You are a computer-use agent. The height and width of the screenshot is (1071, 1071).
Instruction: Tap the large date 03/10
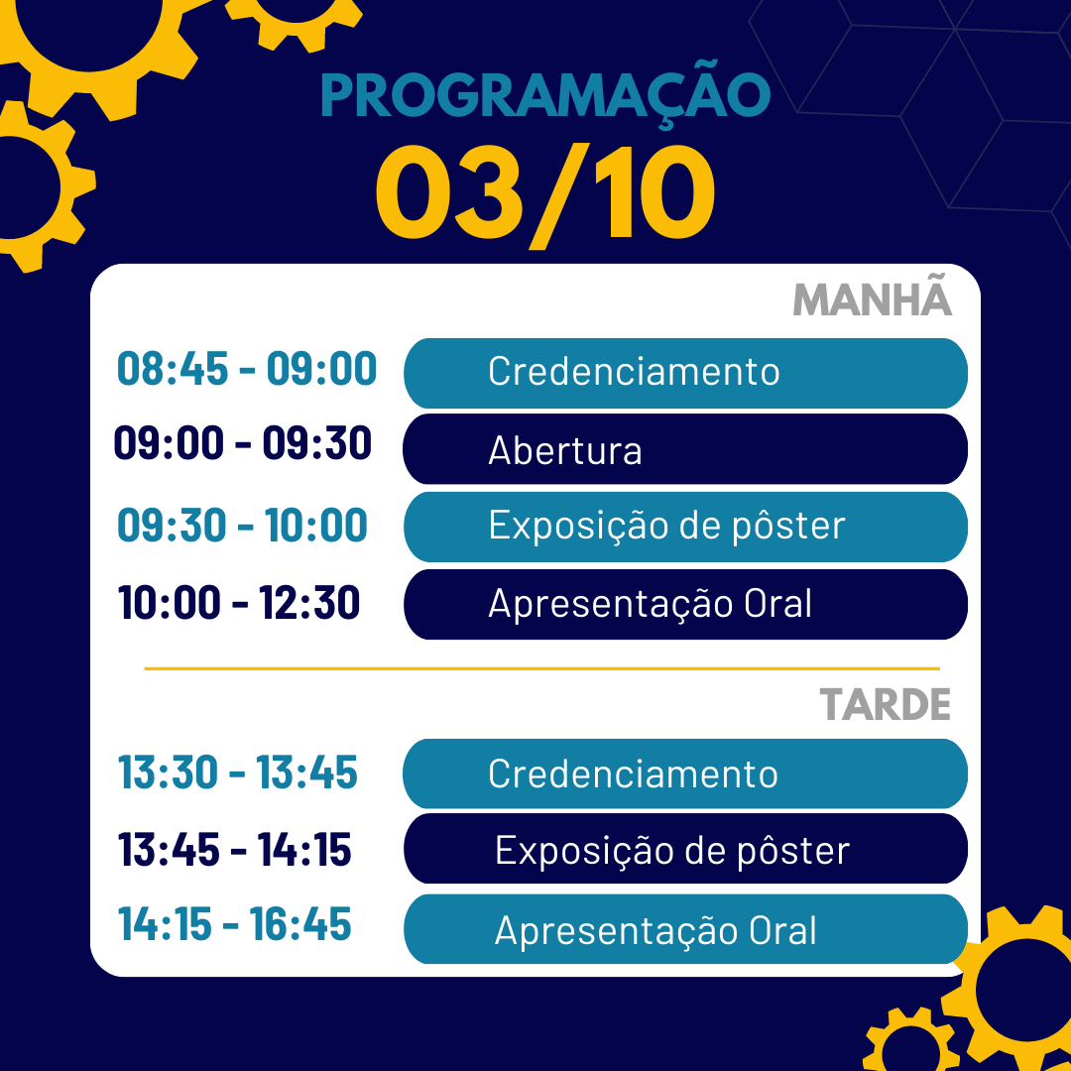(545, 194)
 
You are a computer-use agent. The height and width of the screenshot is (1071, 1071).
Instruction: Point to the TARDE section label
(886, 704)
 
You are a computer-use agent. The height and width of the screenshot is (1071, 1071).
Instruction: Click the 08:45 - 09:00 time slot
(247, 369)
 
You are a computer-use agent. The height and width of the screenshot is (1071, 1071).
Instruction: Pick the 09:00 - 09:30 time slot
(243, 442)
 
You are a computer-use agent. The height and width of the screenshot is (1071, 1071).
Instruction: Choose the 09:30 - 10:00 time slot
(243, 526)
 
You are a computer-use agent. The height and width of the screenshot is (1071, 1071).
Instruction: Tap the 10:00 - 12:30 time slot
(239, 603)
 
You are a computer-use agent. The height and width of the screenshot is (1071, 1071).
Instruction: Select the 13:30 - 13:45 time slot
(238, 773)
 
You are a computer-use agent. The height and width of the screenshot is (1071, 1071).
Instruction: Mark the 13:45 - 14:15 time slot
(235, 850)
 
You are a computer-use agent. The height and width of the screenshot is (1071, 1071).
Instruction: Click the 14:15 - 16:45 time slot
(235, 924)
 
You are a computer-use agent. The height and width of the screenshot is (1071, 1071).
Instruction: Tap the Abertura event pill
(685, 449)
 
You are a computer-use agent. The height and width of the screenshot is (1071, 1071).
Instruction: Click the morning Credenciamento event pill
(686, 373)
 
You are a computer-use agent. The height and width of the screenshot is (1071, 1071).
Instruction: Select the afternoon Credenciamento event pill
(685, 773)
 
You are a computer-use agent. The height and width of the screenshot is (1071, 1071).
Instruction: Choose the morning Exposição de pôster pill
(686, 527)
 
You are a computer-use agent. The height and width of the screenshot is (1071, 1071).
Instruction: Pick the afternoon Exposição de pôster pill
(686, 848)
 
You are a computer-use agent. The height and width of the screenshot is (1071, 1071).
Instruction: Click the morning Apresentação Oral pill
(686, 605)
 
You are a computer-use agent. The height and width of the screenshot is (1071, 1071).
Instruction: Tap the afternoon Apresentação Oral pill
(686, 929)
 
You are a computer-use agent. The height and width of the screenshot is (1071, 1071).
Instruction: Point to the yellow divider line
(542, 668)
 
